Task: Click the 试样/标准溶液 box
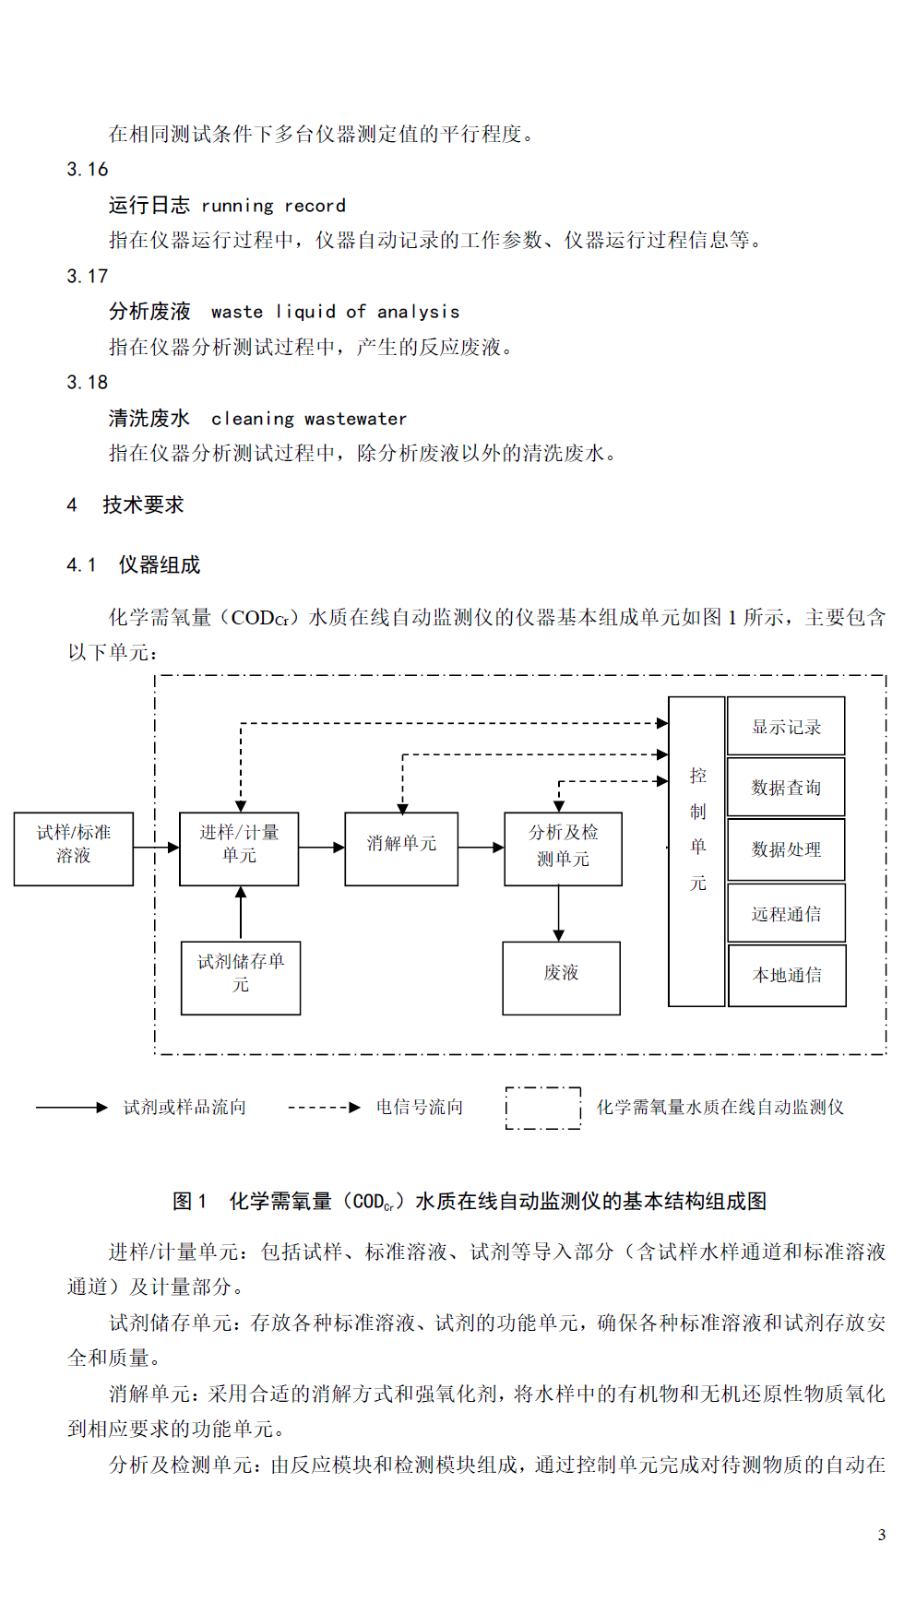74,848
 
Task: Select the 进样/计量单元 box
239,848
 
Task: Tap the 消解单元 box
401,848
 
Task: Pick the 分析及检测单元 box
563,848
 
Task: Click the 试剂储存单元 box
241,978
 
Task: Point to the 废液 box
561,978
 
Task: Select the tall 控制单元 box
696,851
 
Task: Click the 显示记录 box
786,727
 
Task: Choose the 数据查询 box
786,787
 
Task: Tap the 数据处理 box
786,849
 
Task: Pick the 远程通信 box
787,913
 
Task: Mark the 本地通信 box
787,975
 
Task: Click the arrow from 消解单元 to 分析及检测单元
482,847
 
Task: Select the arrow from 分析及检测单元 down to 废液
559,914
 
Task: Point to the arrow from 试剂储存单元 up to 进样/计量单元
241,914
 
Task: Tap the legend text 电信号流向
420,1107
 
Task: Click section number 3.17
88,276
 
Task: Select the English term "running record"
274,206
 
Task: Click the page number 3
881,1535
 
